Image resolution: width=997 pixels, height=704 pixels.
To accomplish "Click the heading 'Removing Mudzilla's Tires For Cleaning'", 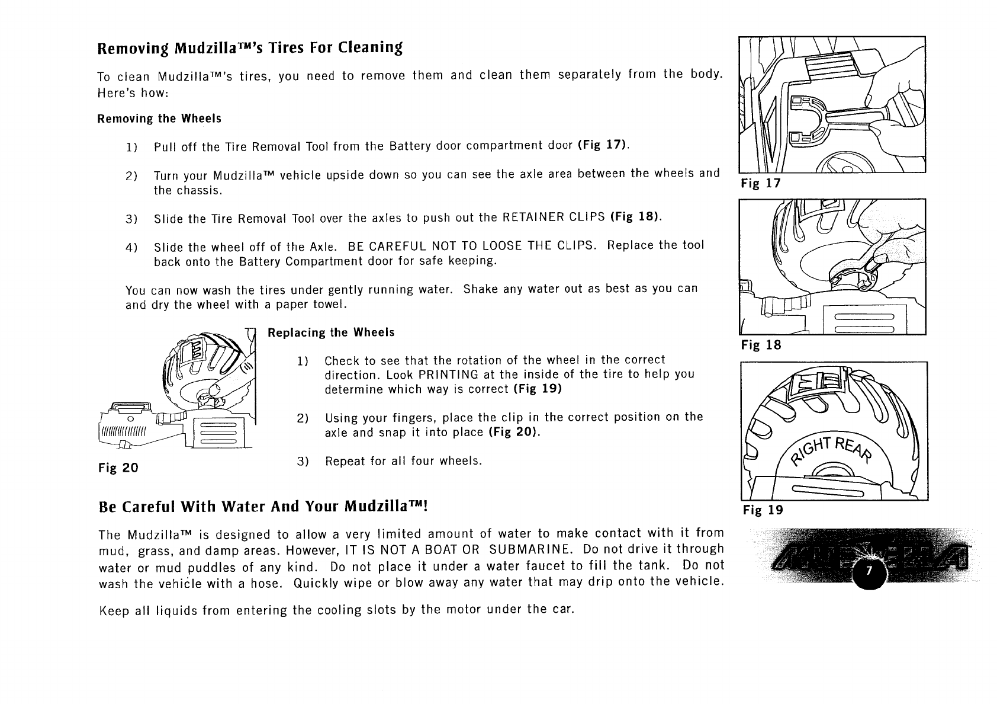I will [x=249, y=47].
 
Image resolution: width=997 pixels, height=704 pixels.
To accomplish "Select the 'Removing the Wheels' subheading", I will [x=159, y=119].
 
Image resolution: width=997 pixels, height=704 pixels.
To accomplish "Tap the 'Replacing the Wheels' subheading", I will [x=331, y=332].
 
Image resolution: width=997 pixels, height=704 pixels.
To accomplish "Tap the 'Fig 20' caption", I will [x=118, y=468].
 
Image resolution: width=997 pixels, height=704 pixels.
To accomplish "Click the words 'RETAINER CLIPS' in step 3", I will [x=553, y=217].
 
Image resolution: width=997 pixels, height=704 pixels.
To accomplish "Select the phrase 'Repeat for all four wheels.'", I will [x=403, y=461].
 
